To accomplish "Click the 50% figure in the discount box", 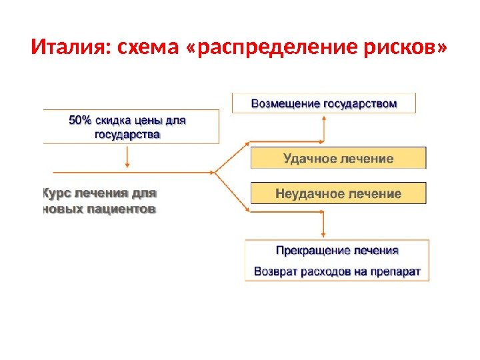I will pyautogui.click(x=81, y=121).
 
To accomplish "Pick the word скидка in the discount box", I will pyautogui.click(x=114, y=121).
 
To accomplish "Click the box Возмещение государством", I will pyautogui.click(x=323, y=103).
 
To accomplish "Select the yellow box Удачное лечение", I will pyautogui.click(x=338, y=159).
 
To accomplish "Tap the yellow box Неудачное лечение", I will pyautogui.click(x=338, y=194).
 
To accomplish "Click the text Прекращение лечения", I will pyautogui.click(x=337, y=251).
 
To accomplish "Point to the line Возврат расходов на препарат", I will pyautogui.click(x=337, y=271).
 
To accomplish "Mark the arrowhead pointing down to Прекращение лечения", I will pyautogui.click(x=323, y=235).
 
